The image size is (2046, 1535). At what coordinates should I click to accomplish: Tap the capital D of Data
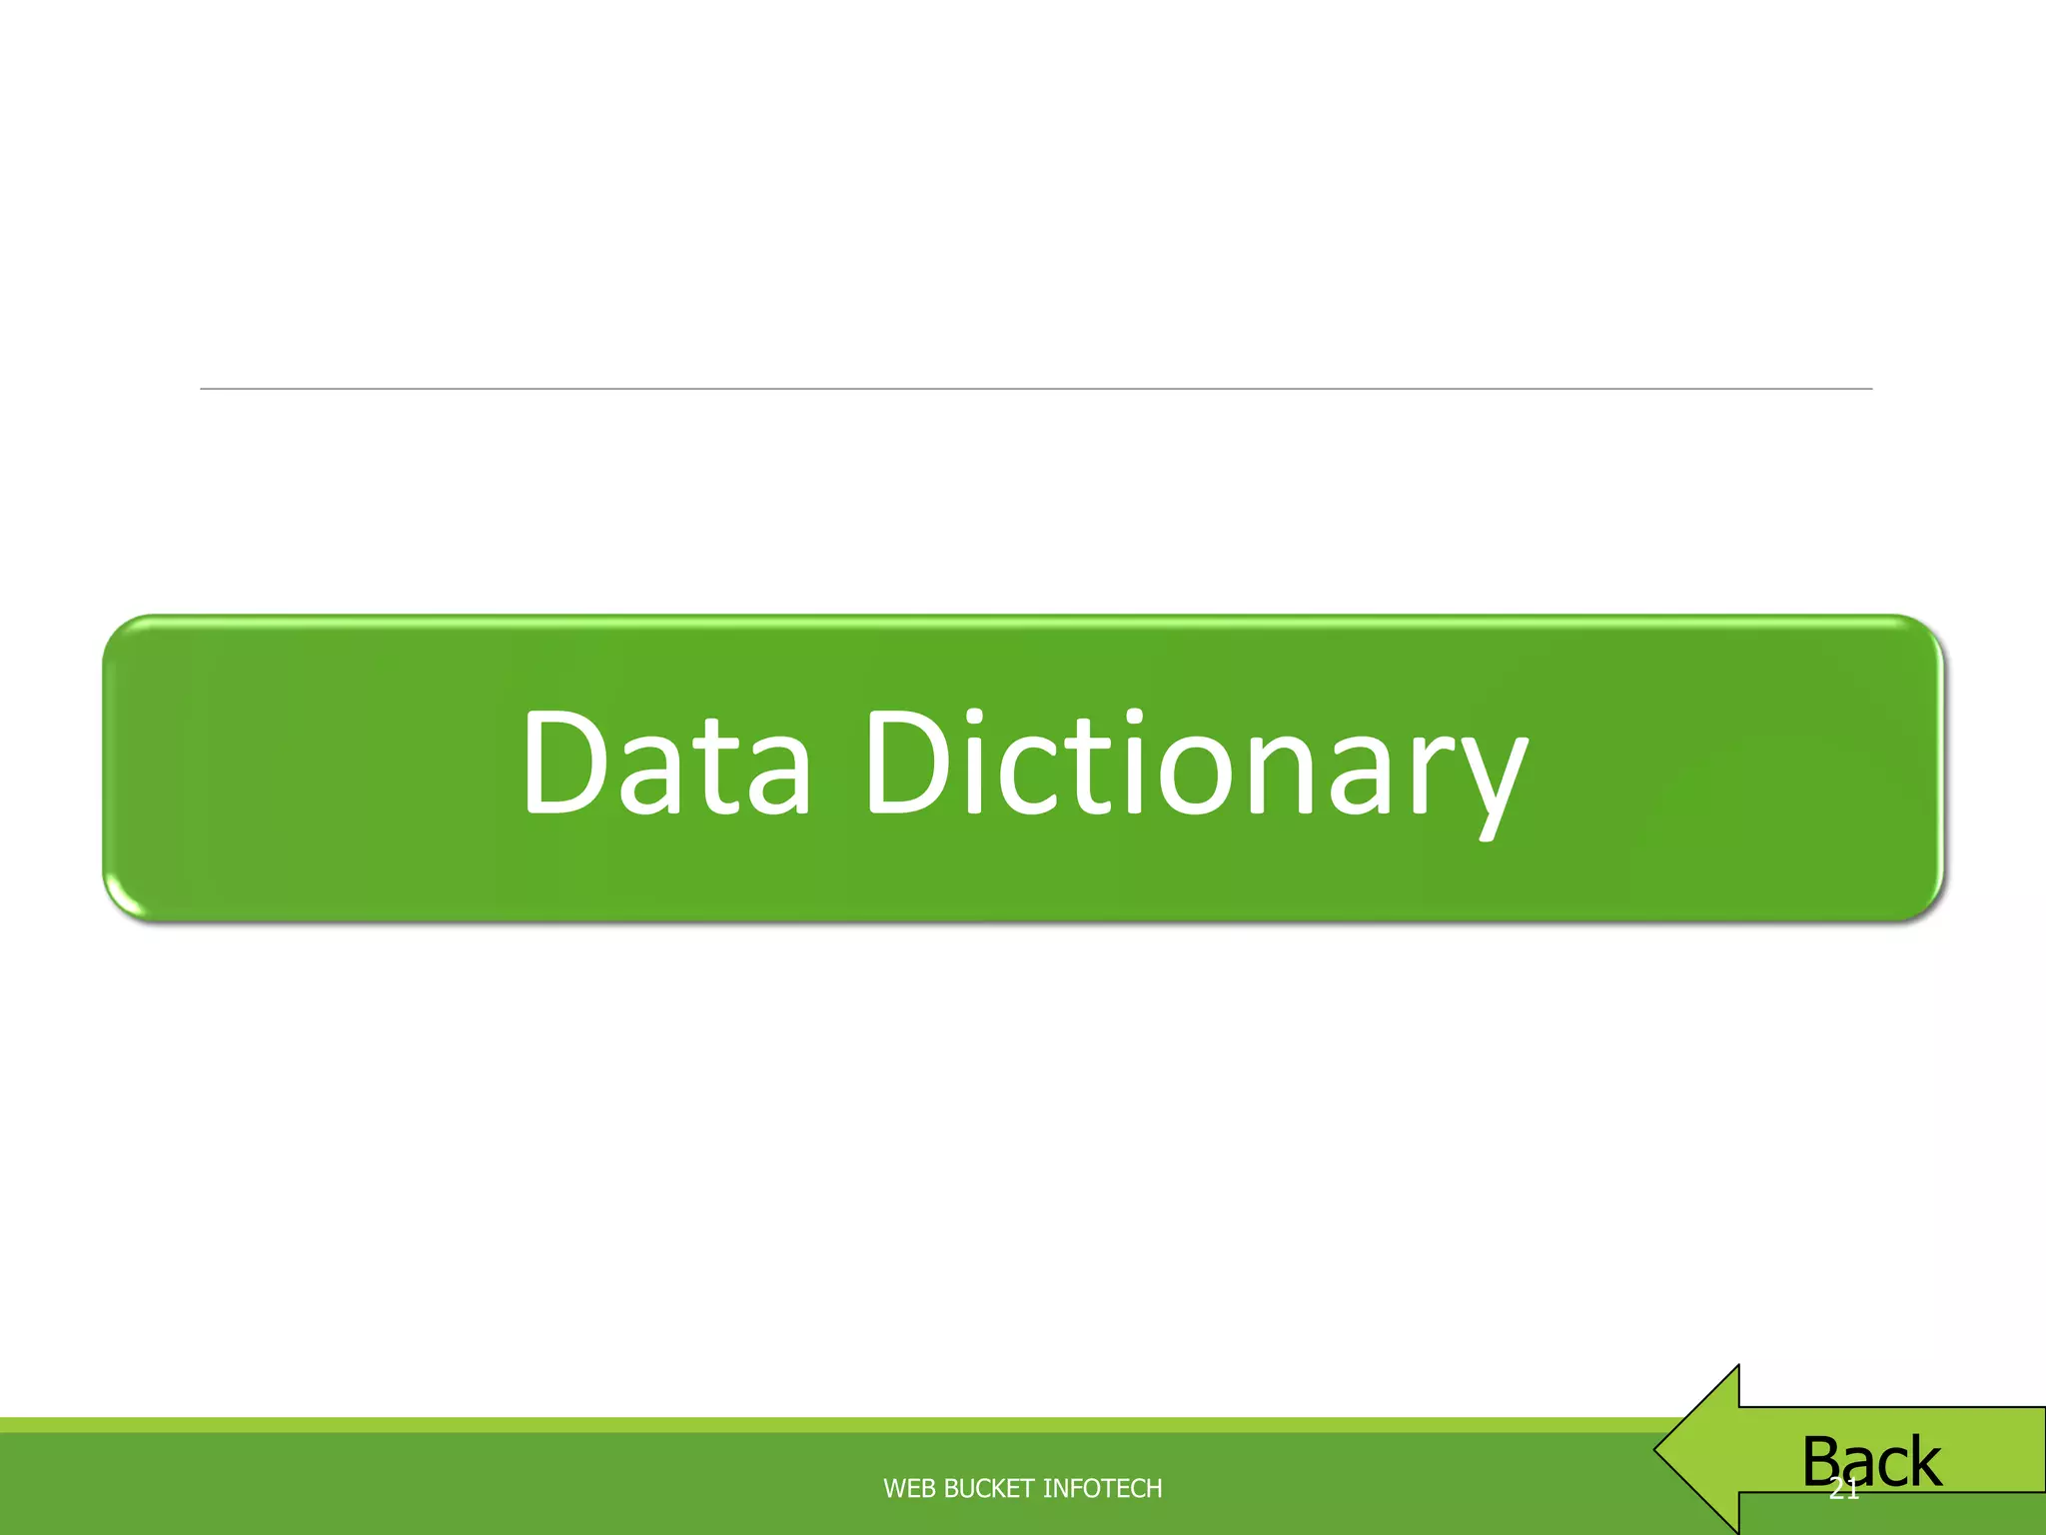click(x=563, y=762)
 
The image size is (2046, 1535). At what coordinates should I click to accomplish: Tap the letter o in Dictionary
click(x=1199, y=774)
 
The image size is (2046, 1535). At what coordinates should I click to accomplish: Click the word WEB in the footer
click(x=909, y=1489)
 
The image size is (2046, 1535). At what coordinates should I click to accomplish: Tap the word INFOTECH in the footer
click(x=1102, y=1489)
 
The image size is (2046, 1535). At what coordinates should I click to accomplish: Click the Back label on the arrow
click(x=1871, y=1462)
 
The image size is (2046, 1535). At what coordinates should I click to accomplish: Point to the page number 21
click(x=1843, y=1491)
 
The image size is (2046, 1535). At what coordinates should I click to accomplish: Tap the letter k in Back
click(x=1921, y=1462)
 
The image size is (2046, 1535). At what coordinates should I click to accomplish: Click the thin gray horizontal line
click(x=1036, y=389)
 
